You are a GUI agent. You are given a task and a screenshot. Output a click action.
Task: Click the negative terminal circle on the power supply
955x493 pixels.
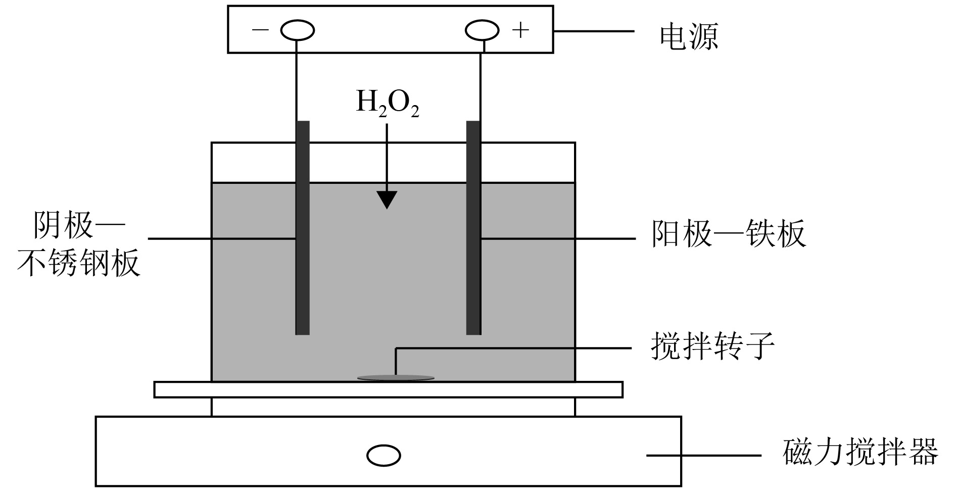(x=297, y=31)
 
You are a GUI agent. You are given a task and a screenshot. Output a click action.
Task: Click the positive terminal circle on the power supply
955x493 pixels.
(x=482, y=31)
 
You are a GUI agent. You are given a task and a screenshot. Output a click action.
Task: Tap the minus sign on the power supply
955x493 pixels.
(x=260, y=30)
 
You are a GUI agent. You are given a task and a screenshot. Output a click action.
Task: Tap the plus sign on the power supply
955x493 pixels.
(x=520, y=31)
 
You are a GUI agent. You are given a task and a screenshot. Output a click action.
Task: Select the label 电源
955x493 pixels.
(x=689, y=36)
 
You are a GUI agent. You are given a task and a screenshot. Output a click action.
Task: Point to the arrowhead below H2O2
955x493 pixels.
(x=387, y=200)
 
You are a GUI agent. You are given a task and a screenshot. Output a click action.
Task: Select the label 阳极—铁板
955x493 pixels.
(x=728, y=234)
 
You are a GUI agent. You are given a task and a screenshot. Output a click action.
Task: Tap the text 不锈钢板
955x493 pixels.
(x=79, y=264)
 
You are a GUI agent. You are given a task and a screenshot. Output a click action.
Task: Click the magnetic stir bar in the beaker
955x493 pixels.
(x=396, y=377)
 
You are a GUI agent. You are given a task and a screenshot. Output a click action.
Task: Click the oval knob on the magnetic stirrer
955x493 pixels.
(x=384, y=456)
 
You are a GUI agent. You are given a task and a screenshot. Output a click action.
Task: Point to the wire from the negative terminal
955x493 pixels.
(x=296, y=81)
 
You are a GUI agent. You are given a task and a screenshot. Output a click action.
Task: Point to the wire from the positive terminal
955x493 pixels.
(x=481, y=81)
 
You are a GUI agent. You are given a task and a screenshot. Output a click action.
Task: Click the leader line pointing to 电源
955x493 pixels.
(x=594, y=31)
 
